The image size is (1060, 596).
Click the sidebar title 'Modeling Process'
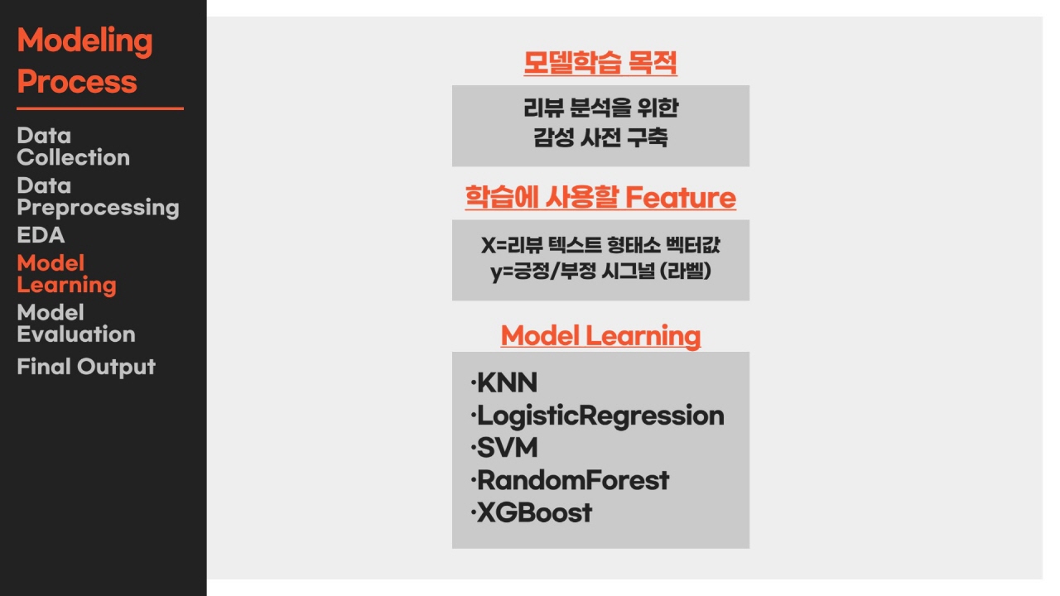pyautogui.click(x=84, y=60)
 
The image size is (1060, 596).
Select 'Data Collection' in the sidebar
pyautogui.click(x=74, y=147)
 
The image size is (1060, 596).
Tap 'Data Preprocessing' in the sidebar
pyautogui.click(x=98, y=197)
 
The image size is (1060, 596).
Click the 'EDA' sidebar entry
pyautogui.click(x=41, y=235)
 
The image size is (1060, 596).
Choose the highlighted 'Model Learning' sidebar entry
pyautogui.click(x=66, y=274)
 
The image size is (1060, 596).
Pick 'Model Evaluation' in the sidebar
pyautogui.click(x=76, y=324)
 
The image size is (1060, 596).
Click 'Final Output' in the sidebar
pyautogui.click(x=86, y=367)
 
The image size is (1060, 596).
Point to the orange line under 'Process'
pyautogui.click(x=100, y=108)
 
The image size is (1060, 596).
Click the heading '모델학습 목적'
pyautogui.click(x=600, y=62)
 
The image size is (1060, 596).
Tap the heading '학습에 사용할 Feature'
pyautogui.click(x=600, y=197)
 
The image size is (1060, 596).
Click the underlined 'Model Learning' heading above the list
pyautogui.click(x=600, y=336)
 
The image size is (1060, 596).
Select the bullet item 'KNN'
pyautogui.click(x=504, y=382)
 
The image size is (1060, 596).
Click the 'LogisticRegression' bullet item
pyautogui.click(x=598, y=416)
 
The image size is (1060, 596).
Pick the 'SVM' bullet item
pyautogui.click(x=504, y=448)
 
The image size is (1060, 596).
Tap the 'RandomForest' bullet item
pyautogui.click(x=571, y=481)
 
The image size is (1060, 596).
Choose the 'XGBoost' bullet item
pyautogui.click(x=532, y=512)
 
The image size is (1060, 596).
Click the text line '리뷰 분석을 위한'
pyautogui.click(x=600, y=108)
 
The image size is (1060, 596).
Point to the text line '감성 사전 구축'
pyautogui.click(x=600, y=137)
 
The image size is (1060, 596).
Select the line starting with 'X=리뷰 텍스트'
pyautogui.click(x=600, y=245)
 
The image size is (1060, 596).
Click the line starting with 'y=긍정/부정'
pyautogui.click(x=600, y=272)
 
